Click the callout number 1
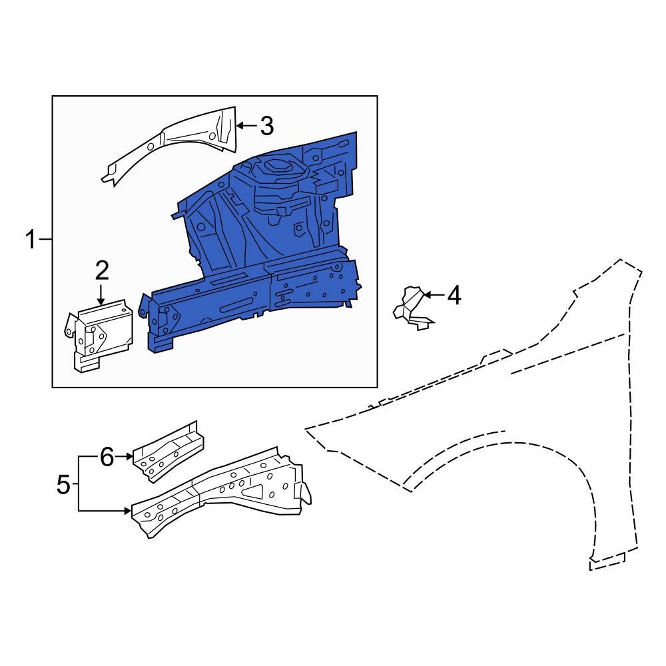click(31, 239)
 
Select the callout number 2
click(101, 270)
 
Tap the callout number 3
click(266, 125)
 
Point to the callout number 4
click(454, 295)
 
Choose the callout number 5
click(63, 484)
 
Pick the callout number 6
click(107, 457)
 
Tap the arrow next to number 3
click(246, 125)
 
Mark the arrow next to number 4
click(433, 295)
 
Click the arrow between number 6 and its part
click(124, 457)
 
